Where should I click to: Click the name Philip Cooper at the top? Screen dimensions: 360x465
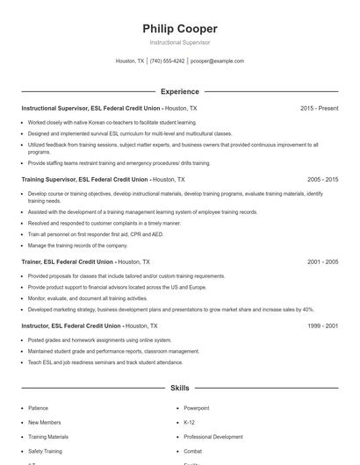(179, 28)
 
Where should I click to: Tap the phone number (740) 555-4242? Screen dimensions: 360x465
(167, 61)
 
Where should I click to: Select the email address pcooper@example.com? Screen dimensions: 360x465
(217, 61)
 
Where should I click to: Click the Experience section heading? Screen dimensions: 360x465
(179, 91)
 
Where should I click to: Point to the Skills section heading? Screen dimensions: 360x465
(179, 387)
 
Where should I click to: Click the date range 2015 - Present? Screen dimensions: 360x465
(319, 108)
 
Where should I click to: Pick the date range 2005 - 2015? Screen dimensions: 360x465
(322, 179)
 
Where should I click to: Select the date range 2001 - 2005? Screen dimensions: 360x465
(322, 261)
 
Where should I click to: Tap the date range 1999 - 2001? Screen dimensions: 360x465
(322, 325)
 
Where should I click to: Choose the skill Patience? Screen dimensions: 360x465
(39, 408)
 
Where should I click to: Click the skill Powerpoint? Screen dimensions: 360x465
(197, 408)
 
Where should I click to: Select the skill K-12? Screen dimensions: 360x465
(190, 422)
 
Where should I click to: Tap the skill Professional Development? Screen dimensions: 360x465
(213, 436)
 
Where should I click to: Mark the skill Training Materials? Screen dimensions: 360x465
(48, 436)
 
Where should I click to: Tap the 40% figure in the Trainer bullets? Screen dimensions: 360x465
(308, 309)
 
